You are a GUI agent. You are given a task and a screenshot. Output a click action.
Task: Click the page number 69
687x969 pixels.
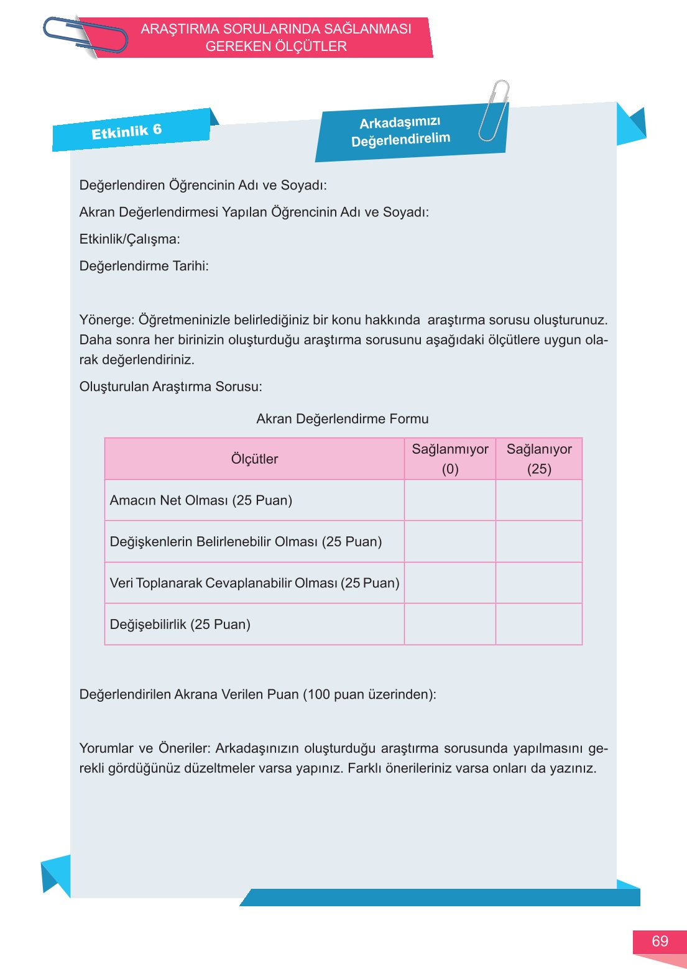tap(660, 941)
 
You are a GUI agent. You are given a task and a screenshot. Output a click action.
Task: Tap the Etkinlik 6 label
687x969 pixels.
tap(126, 131)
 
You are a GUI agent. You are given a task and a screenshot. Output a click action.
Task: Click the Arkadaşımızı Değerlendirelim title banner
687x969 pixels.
tap(400, 131)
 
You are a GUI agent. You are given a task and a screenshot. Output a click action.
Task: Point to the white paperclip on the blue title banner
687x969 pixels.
tap(494, 111)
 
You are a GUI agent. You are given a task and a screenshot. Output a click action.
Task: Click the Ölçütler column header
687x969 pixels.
tap(254, 459)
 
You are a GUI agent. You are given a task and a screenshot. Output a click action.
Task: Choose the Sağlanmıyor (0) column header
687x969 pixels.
tap(450, 459)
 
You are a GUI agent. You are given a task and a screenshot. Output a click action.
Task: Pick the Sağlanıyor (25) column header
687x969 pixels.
tap(539, 459)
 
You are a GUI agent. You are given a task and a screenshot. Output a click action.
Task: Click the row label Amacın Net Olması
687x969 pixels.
tap(201, 500)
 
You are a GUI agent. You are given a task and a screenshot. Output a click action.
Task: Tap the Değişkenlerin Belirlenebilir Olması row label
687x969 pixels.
tap(246, 541)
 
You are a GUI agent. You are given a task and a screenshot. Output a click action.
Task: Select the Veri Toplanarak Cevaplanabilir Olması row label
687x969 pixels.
tap(254, 583)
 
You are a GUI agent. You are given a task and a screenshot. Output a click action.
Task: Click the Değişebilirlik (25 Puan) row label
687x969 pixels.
tap(180, 624)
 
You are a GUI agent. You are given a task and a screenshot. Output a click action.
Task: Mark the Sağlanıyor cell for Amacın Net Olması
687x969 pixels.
tap(539, 500)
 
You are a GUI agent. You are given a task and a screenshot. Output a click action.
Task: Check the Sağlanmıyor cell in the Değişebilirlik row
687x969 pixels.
tap(450, 624)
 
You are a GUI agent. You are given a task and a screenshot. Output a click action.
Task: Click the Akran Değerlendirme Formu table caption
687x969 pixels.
tap(343, 419)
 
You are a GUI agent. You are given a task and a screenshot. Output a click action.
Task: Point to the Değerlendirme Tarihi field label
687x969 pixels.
tap(144, 266)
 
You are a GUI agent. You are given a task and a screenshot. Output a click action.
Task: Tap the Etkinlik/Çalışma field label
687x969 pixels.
tap(130, 239)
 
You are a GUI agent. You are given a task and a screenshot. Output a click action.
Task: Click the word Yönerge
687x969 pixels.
tap(106, 320)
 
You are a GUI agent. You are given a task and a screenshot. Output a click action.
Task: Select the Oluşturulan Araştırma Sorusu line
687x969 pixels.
tap(171, 387)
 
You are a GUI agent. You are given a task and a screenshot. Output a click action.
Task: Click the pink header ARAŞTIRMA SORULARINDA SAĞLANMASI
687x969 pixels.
tap(276, 29)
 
